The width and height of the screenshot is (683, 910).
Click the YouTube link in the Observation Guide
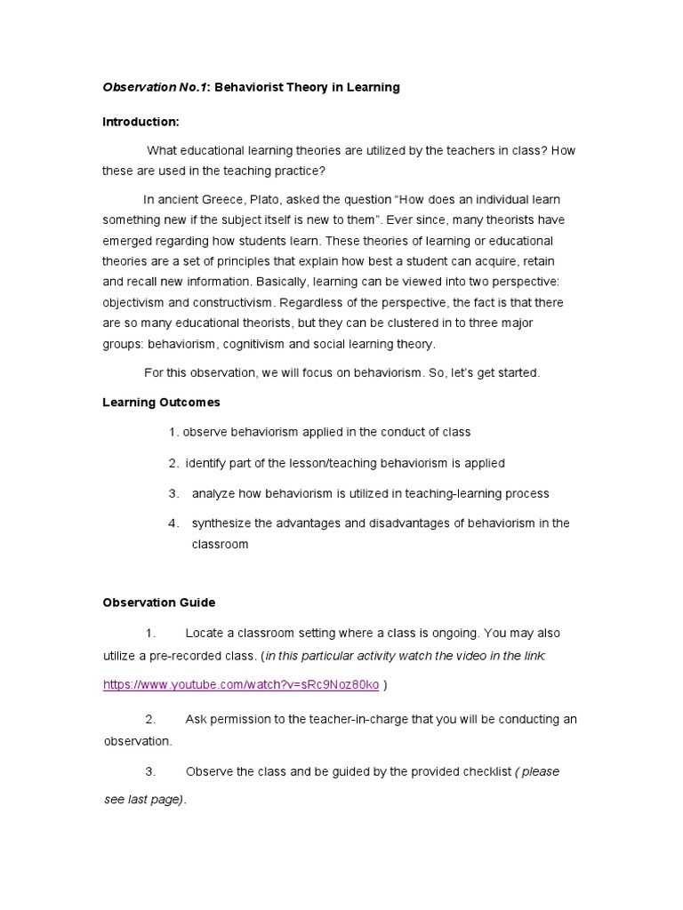point(241,684)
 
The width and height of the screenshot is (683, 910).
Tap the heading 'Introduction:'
point(141,121)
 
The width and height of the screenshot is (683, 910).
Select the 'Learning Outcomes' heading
point(161,403)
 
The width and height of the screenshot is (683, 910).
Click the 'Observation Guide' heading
point(159,603)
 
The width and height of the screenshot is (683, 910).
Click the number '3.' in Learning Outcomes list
point(173,493)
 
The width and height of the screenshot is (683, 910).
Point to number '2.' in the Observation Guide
point(150,719)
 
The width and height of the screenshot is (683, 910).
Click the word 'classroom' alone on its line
point(220,544)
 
